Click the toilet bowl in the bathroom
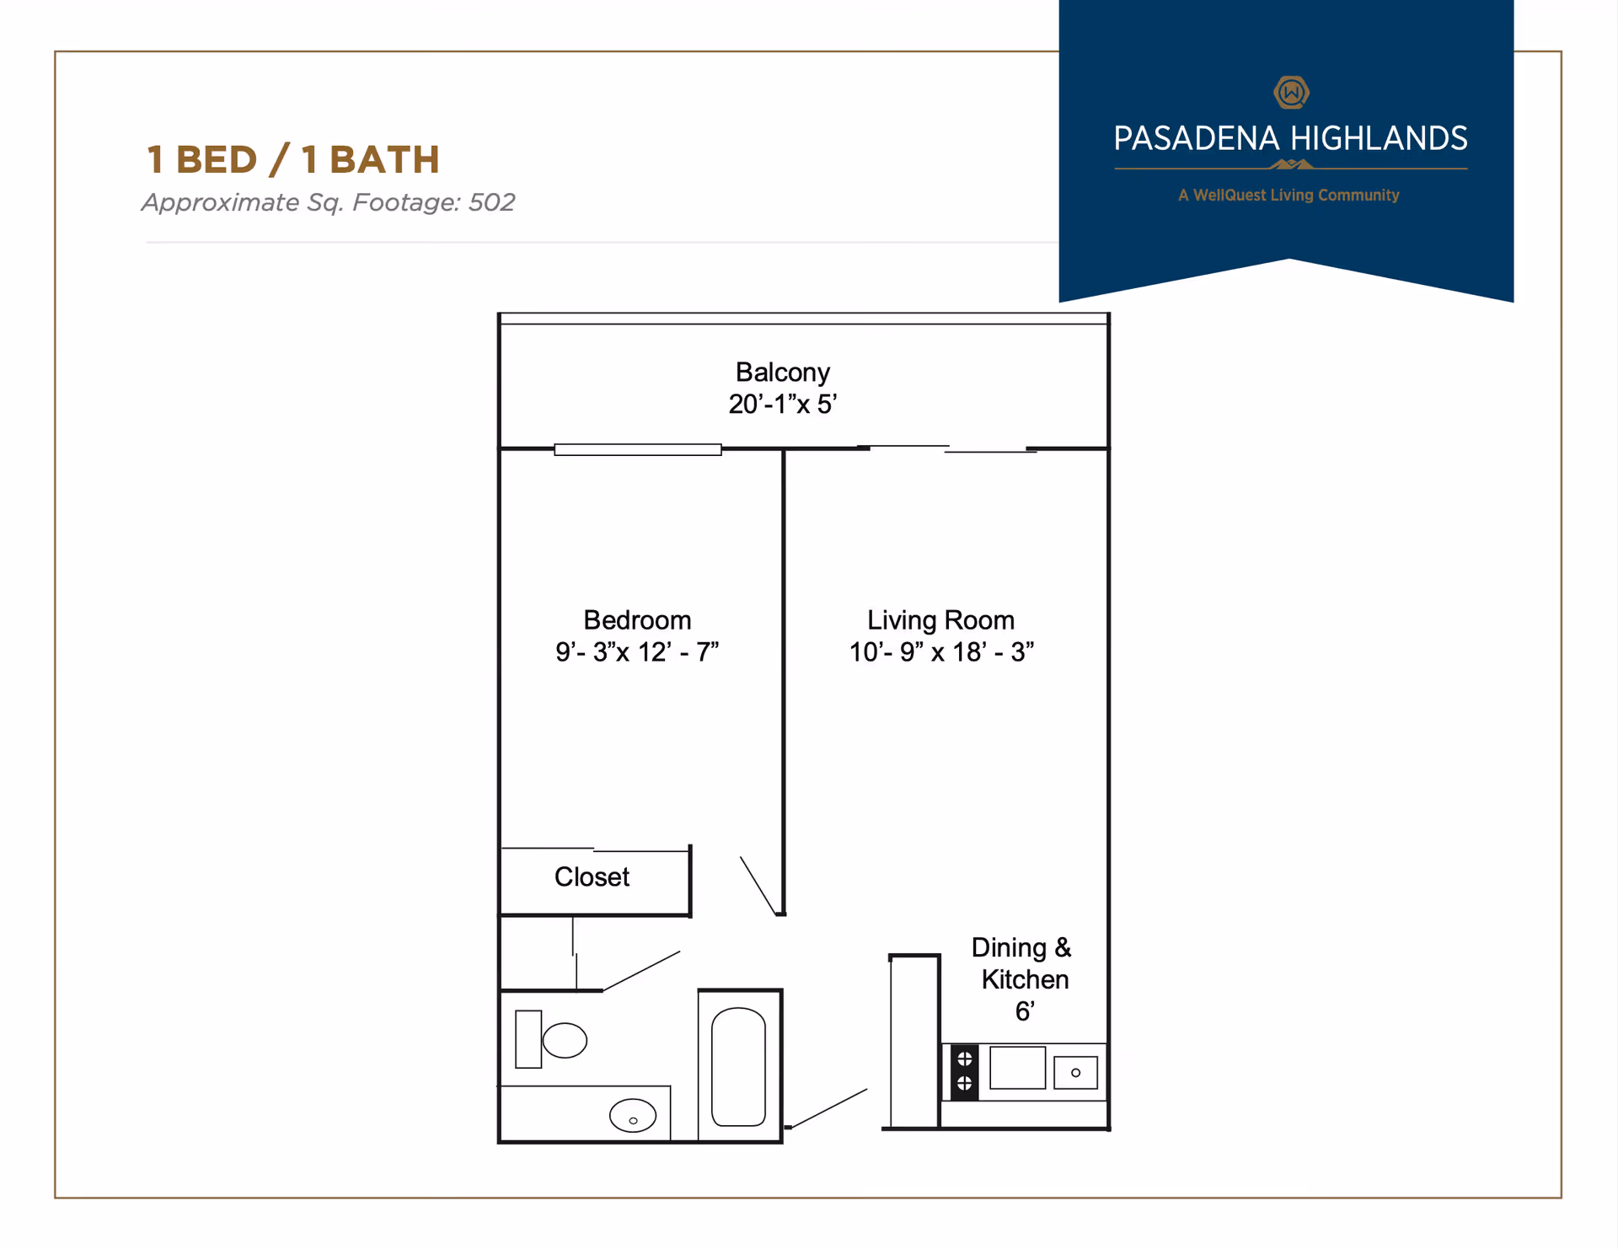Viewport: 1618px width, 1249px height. point(564,1040)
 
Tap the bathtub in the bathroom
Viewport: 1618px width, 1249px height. point(738,1067)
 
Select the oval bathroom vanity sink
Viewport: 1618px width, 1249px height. point(633,1116)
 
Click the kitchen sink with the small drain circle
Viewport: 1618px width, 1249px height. point(1075,1073)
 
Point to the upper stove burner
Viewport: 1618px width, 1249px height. point(965,1059)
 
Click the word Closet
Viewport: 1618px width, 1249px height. point(592,876)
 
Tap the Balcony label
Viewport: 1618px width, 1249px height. point(782,372)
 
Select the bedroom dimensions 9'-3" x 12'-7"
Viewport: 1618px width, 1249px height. point(637,651)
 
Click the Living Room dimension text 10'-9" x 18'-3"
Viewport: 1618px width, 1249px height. point(941,651)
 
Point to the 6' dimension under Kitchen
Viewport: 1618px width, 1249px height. point(1025,1010)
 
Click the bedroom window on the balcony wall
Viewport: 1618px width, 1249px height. point(638,449)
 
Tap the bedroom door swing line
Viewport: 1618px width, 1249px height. point(758,885)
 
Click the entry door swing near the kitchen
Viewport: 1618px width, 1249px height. point(829,1108)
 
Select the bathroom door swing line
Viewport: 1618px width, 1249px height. point(642,971)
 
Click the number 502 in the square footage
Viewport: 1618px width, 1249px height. point(491,202)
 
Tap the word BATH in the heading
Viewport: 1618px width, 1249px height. point(384,159)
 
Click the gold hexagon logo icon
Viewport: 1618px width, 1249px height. point(1291,92)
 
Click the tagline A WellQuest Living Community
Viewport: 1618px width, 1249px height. point(1289,195)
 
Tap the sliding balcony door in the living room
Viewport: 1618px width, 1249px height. point(948,448)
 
